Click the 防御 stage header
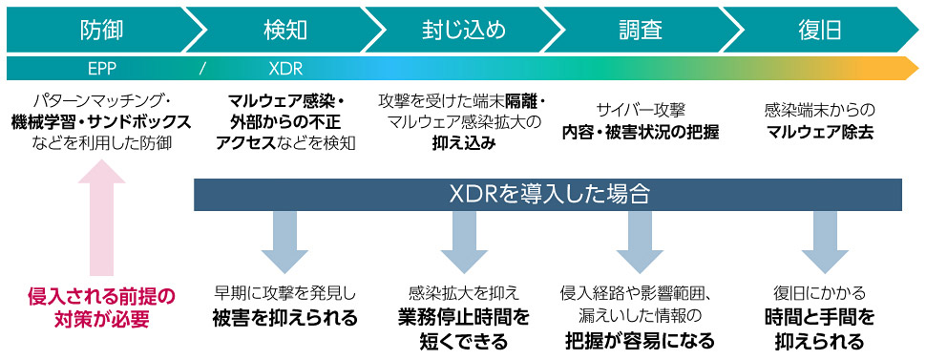101,30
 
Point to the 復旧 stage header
819,30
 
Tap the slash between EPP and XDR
202,69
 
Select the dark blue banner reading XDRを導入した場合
549,194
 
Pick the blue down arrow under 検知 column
284,241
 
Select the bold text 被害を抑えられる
284,318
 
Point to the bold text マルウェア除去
819,132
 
